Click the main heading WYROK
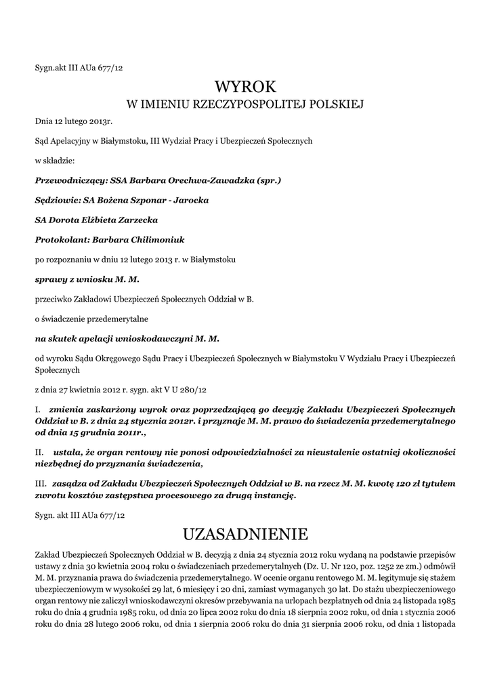click(245, 87)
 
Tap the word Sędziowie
click(56, 201)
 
